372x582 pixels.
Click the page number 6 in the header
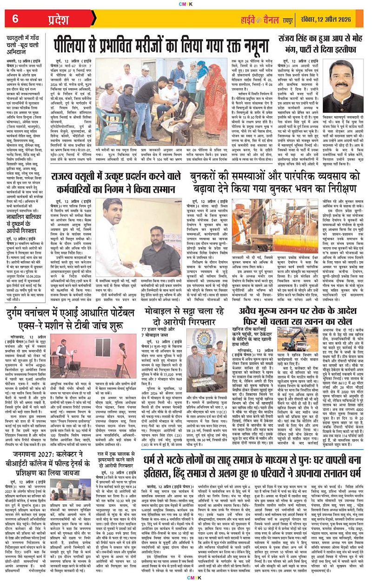tap(16, 18)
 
